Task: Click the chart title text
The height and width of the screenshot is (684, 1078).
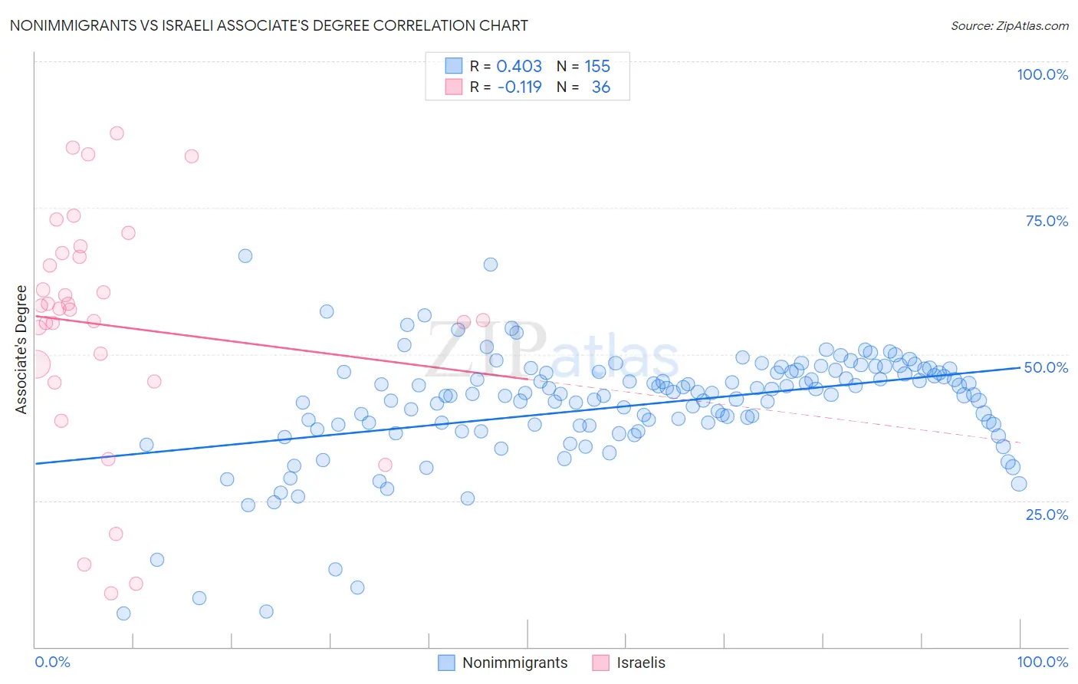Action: (x=268, y=25)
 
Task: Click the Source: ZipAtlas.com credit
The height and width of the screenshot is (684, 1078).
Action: (x=1009, y=25)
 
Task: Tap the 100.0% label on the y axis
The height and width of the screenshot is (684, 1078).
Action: (x=1042, y=74)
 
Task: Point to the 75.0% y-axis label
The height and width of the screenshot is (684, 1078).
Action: (x=1047, y=221)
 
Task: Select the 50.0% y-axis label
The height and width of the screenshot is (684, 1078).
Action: (x=1046, y=367)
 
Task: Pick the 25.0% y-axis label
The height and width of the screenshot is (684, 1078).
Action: (x=1047, y=515)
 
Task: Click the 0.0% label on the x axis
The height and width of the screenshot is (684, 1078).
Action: (x=52, y=662)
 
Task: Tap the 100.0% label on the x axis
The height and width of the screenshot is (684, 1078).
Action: (x=1042, y=662)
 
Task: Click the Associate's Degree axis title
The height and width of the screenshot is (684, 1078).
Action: (x=21, y=350)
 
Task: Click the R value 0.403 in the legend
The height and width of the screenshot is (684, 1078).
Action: (x=519, y=66)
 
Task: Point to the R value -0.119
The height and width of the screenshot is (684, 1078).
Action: (x=519, y=87)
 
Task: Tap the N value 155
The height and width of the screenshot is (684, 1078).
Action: (x=597, y=66)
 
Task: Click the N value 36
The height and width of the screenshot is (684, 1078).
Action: (x=600, y=87)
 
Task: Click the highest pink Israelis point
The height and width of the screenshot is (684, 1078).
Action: (x=117, y=133)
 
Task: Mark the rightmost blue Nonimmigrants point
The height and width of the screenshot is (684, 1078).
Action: (x=1019, y=484)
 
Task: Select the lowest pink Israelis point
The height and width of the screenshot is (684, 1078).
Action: (x=111, y=594)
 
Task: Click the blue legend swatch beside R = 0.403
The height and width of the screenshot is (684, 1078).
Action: (x=454, y=66)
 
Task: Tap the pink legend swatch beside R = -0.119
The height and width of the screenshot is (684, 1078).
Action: (x=454, y=87)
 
